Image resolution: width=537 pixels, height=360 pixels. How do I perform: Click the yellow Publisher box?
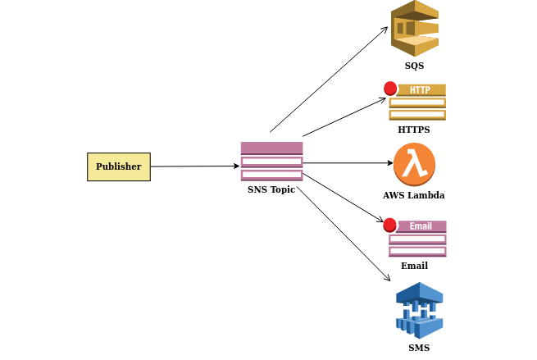point(119,166)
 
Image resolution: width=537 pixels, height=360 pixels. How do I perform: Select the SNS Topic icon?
point(271,161)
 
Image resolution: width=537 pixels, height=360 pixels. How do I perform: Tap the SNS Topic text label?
point(271,189)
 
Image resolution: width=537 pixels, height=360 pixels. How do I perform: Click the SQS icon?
point(414,29)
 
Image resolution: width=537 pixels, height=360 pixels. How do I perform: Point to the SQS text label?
point(414,66)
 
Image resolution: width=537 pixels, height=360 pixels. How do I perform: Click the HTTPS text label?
point(414,130)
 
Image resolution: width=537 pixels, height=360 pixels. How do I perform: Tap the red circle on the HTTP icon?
point(390,89)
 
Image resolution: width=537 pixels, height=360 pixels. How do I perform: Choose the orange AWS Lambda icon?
point(414,164)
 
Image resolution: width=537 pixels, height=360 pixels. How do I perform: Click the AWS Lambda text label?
point(414,195)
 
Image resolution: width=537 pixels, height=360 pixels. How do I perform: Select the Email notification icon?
point(417,239)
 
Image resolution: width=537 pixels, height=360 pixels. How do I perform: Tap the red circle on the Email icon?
point(390,225)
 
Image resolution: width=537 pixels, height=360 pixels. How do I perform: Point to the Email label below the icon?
point(414,266)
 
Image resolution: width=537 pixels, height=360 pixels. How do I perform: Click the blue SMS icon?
point(419,310)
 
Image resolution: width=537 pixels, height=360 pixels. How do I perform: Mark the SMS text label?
point(419,348)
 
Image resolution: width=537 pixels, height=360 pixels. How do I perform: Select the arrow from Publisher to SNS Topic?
point(194,166)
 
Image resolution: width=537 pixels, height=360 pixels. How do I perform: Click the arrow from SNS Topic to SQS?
point(328,80)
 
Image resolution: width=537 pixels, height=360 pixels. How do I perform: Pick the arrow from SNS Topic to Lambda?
point(348,163)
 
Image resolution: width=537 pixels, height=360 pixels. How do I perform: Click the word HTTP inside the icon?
point(420,90)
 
